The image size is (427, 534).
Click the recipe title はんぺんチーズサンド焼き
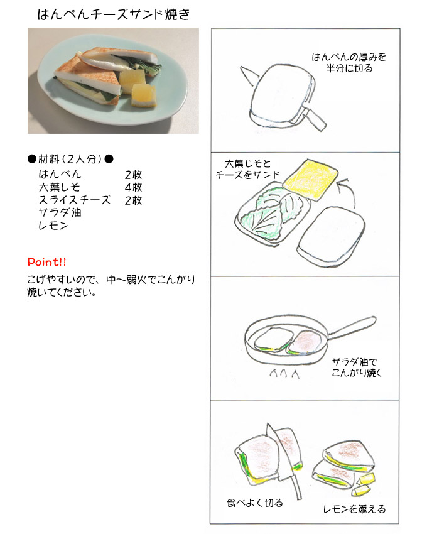coord(114,14)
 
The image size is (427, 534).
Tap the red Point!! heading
coord(47,262)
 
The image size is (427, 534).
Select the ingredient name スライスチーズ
coord(75,200)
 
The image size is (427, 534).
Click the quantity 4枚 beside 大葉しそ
coord(133,187)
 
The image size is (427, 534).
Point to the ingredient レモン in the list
coord(53,226)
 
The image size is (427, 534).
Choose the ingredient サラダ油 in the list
coord(60,212)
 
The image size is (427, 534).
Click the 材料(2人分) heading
coord(70,159)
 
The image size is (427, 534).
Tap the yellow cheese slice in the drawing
coord(311,180)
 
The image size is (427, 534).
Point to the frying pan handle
coord(352,327)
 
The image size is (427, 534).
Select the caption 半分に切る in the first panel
coord(349,68)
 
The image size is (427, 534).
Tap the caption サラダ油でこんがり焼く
coord(357,368)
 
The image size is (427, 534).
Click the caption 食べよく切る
coord(255,503)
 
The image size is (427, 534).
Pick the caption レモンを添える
coord(354,509)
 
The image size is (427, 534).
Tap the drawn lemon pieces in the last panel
coord(364,484)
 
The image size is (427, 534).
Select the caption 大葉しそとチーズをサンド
coord(247,169)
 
